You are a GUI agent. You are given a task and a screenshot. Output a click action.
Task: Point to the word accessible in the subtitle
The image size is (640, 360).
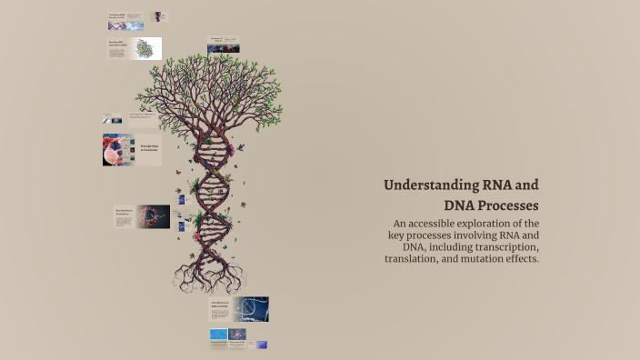click(x=441, y=224)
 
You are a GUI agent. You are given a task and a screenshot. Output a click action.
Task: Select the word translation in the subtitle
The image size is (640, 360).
click(x=417, y=259)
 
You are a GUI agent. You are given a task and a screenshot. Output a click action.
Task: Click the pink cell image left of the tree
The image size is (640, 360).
click(x=118, y=150)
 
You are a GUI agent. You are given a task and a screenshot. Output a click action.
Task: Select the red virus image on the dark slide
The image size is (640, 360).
click(x=154, y=216)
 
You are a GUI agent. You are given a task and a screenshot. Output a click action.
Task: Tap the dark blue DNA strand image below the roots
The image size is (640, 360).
click(x=250, y=309)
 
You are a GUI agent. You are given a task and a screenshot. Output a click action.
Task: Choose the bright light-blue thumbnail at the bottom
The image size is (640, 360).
click(x=218, y=335)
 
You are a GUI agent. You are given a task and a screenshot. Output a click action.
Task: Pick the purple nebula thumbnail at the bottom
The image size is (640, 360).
click(x=238, y=335)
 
